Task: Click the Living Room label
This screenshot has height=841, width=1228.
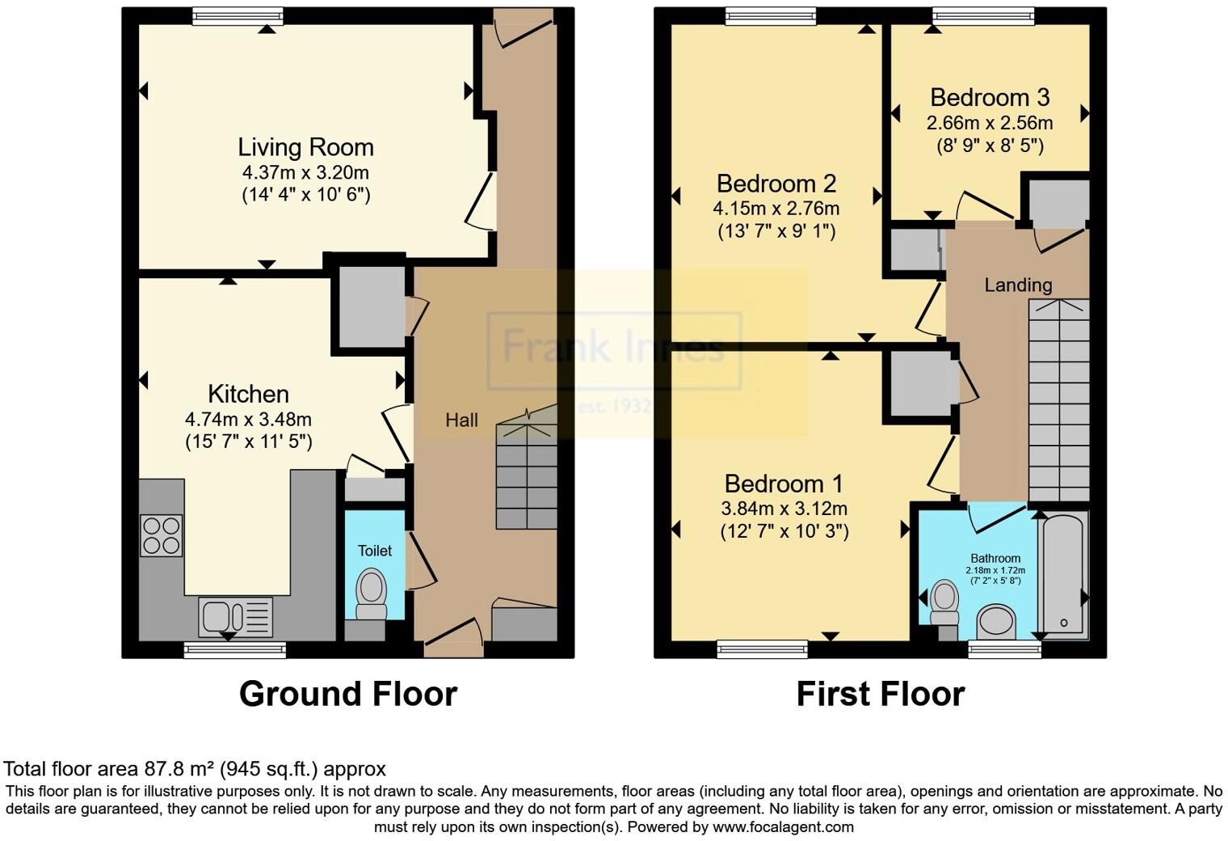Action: click(305, 147)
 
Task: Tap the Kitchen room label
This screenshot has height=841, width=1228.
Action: click(248, 394)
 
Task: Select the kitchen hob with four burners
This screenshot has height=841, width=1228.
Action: click(162, 535)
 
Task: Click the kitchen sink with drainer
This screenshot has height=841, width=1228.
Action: click(235, 617)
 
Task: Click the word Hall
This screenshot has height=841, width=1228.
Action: click(461, 420)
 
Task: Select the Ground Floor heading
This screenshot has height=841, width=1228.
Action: click(347, 694)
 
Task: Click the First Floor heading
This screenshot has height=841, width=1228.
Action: click(880, 694)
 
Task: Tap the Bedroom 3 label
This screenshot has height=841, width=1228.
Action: click(989, 98)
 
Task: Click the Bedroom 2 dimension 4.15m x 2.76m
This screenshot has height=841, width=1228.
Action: click(776, 209)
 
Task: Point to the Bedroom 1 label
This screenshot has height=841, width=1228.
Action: click(783, 484)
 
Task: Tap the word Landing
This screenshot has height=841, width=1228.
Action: click(1017, 285)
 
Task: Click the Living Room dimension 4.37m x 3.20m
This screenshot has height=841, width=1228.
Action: click(305, 172)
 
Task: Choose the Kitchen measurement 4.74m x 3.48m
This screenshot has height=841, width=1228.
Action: click(248, 420)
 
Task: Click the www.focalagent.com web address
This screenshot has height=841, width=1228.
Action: click(783, 826)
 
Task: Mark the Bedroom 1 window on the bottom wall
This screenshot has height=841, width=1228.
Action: click(762, 648)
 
